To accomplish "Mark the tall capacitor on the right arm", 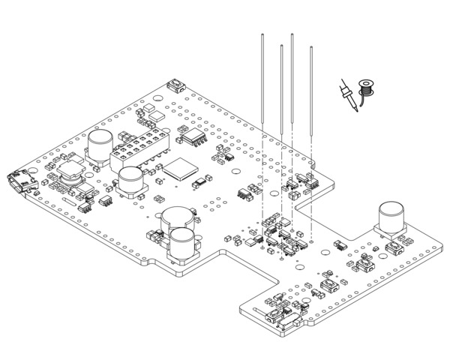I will click(391, 217).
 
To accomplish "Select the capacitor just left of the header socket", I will click(99, 145).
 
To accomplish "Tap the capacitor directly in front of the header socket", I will click(130, 181).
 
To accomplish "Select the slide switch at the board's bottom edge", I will click(283, 322).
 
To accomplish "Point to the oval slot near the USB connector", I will click(67, 202).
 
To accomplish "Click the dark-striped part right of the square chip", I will click(201, 181).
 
